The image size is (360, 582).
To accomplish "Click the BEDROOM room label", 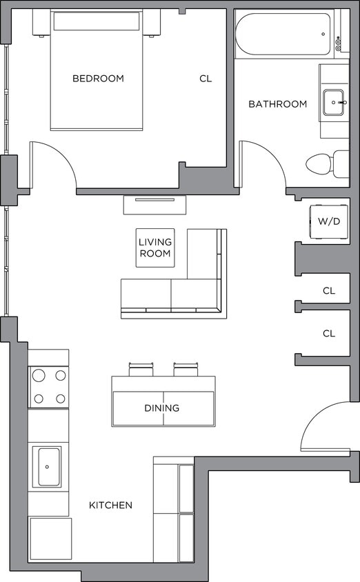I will (98, 79).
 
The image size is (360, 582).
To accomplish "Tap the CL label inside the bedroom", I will (206, 79).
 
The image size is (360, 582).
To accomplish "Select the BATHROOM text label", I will (277, 104).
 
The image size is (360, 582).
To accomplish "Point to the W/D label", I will (328, 221).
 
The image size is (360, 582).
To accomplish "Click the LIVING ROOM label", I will (155, 248).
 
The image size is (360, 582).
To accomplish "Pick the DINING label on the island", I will (162, 408).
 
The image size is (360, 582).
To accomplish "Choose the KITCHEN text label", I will (110, 505).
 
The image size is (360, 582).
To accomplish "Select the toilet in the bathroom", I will (324, 163).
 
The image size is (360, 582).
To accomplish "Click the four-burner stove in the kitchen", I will (49, 386).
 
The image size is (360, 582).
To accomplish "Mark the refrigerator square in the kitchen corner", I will (50, 539).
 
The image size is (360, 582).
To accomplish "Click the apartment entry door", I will (327, 428).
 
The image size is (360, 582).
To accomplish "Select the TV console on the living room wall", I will (156, 204).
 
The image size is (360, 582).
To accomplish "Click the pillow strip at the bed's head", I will (97, 21).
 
